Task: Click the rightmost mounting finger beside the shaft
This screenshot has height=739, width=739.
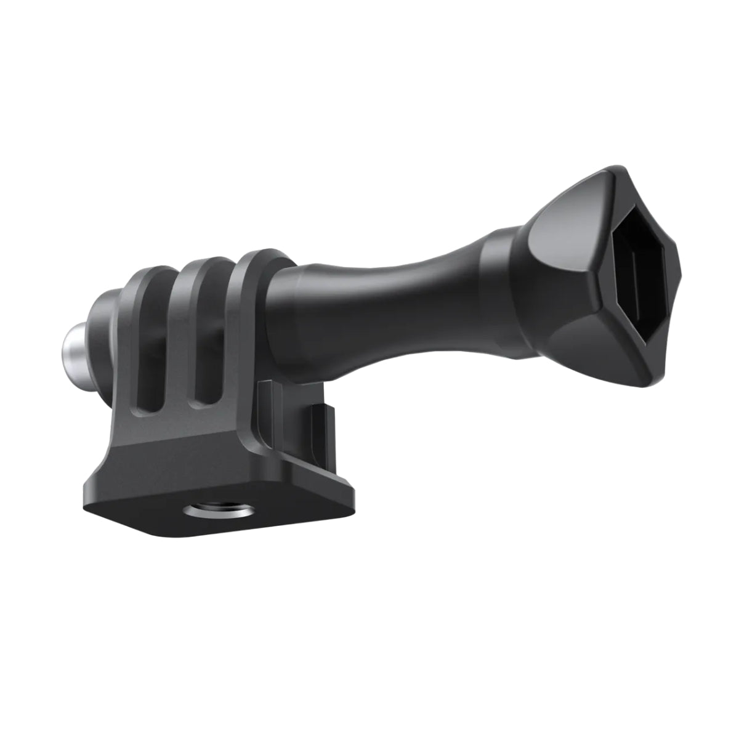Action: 246,308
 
